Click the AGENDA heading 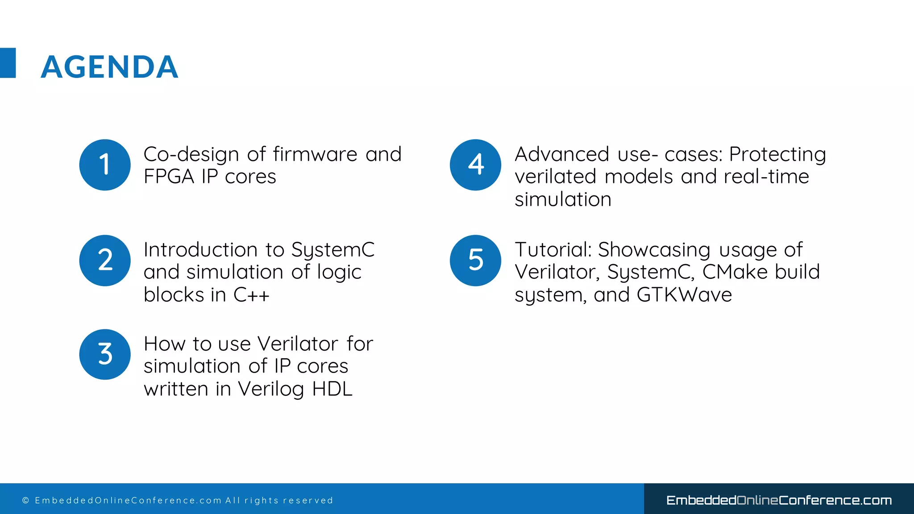coord(109,67)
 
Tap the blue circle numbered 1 coord(105,165)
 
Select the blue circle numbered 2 coord(105,260)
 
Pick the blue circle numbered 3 coord(105,354)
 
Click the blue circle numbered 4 coord(475,165)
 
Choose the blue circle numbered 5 coord(475,260)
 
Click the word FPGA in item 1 coord(169,177)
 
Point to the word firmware coord(315,154)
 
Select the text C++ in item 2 coord(251,295)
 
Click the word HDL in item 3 coord(332,389)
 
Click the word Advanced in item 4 coord(561,154)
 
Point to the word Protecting coord(777,154)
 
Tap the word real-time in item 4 coord(766,177)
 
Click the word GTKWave coord(684,295)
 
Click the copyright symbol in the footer coord(25,501)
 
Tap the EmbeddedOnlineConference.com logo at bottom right coord(779,500)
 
